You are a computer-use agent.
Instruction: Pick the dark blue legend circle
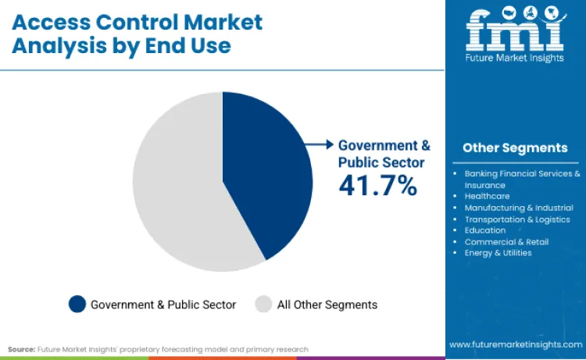[x=77, y=305]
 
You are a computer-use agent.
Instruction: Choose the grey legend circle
[x=263, y=305]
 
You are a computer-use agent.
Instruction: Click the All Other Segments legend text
[x=327, y=305]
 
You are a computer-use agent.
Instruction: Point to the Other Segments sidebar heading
[x=514, y=148]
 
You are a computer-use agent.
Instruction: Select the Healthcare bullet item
[x=487, y=196]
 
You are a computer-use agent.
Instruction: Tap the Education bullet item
[x=484, y=230]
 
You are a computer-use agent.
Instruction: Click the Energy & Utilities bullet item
[x=498, y=252]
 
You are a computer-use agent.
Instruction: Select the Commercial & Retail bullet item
[x=506, y=241]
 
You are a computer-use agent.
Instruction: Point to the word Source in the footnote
[x=21, y=349]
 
